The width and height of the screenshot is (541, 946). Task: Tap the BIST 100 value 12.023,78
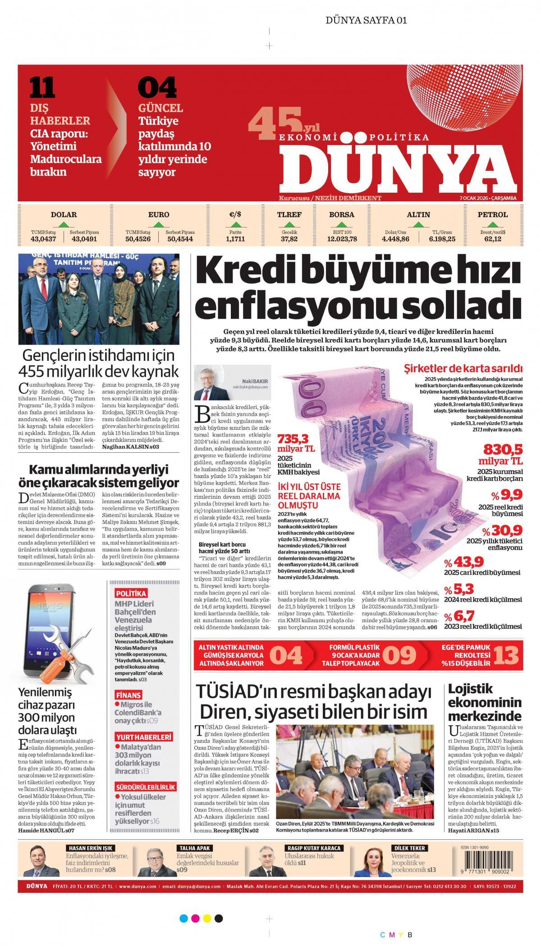[x=341, y=239]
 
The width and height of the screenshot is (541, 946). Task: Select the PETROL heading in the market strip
[x=492, y=215]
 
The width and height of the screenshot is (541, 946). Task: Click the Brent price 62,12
[x=493, y=239]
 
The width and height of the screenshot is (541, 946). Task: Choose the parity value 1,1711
[x=235, y=239]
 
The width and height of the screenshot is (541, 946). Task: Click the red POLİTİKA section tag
[x=131, y=593]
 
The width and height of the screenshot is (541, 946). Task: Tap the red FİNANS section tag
[x=128, y=695]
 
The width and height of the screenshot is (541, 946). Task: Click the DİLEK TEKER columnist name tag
[x=409, y=848]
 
